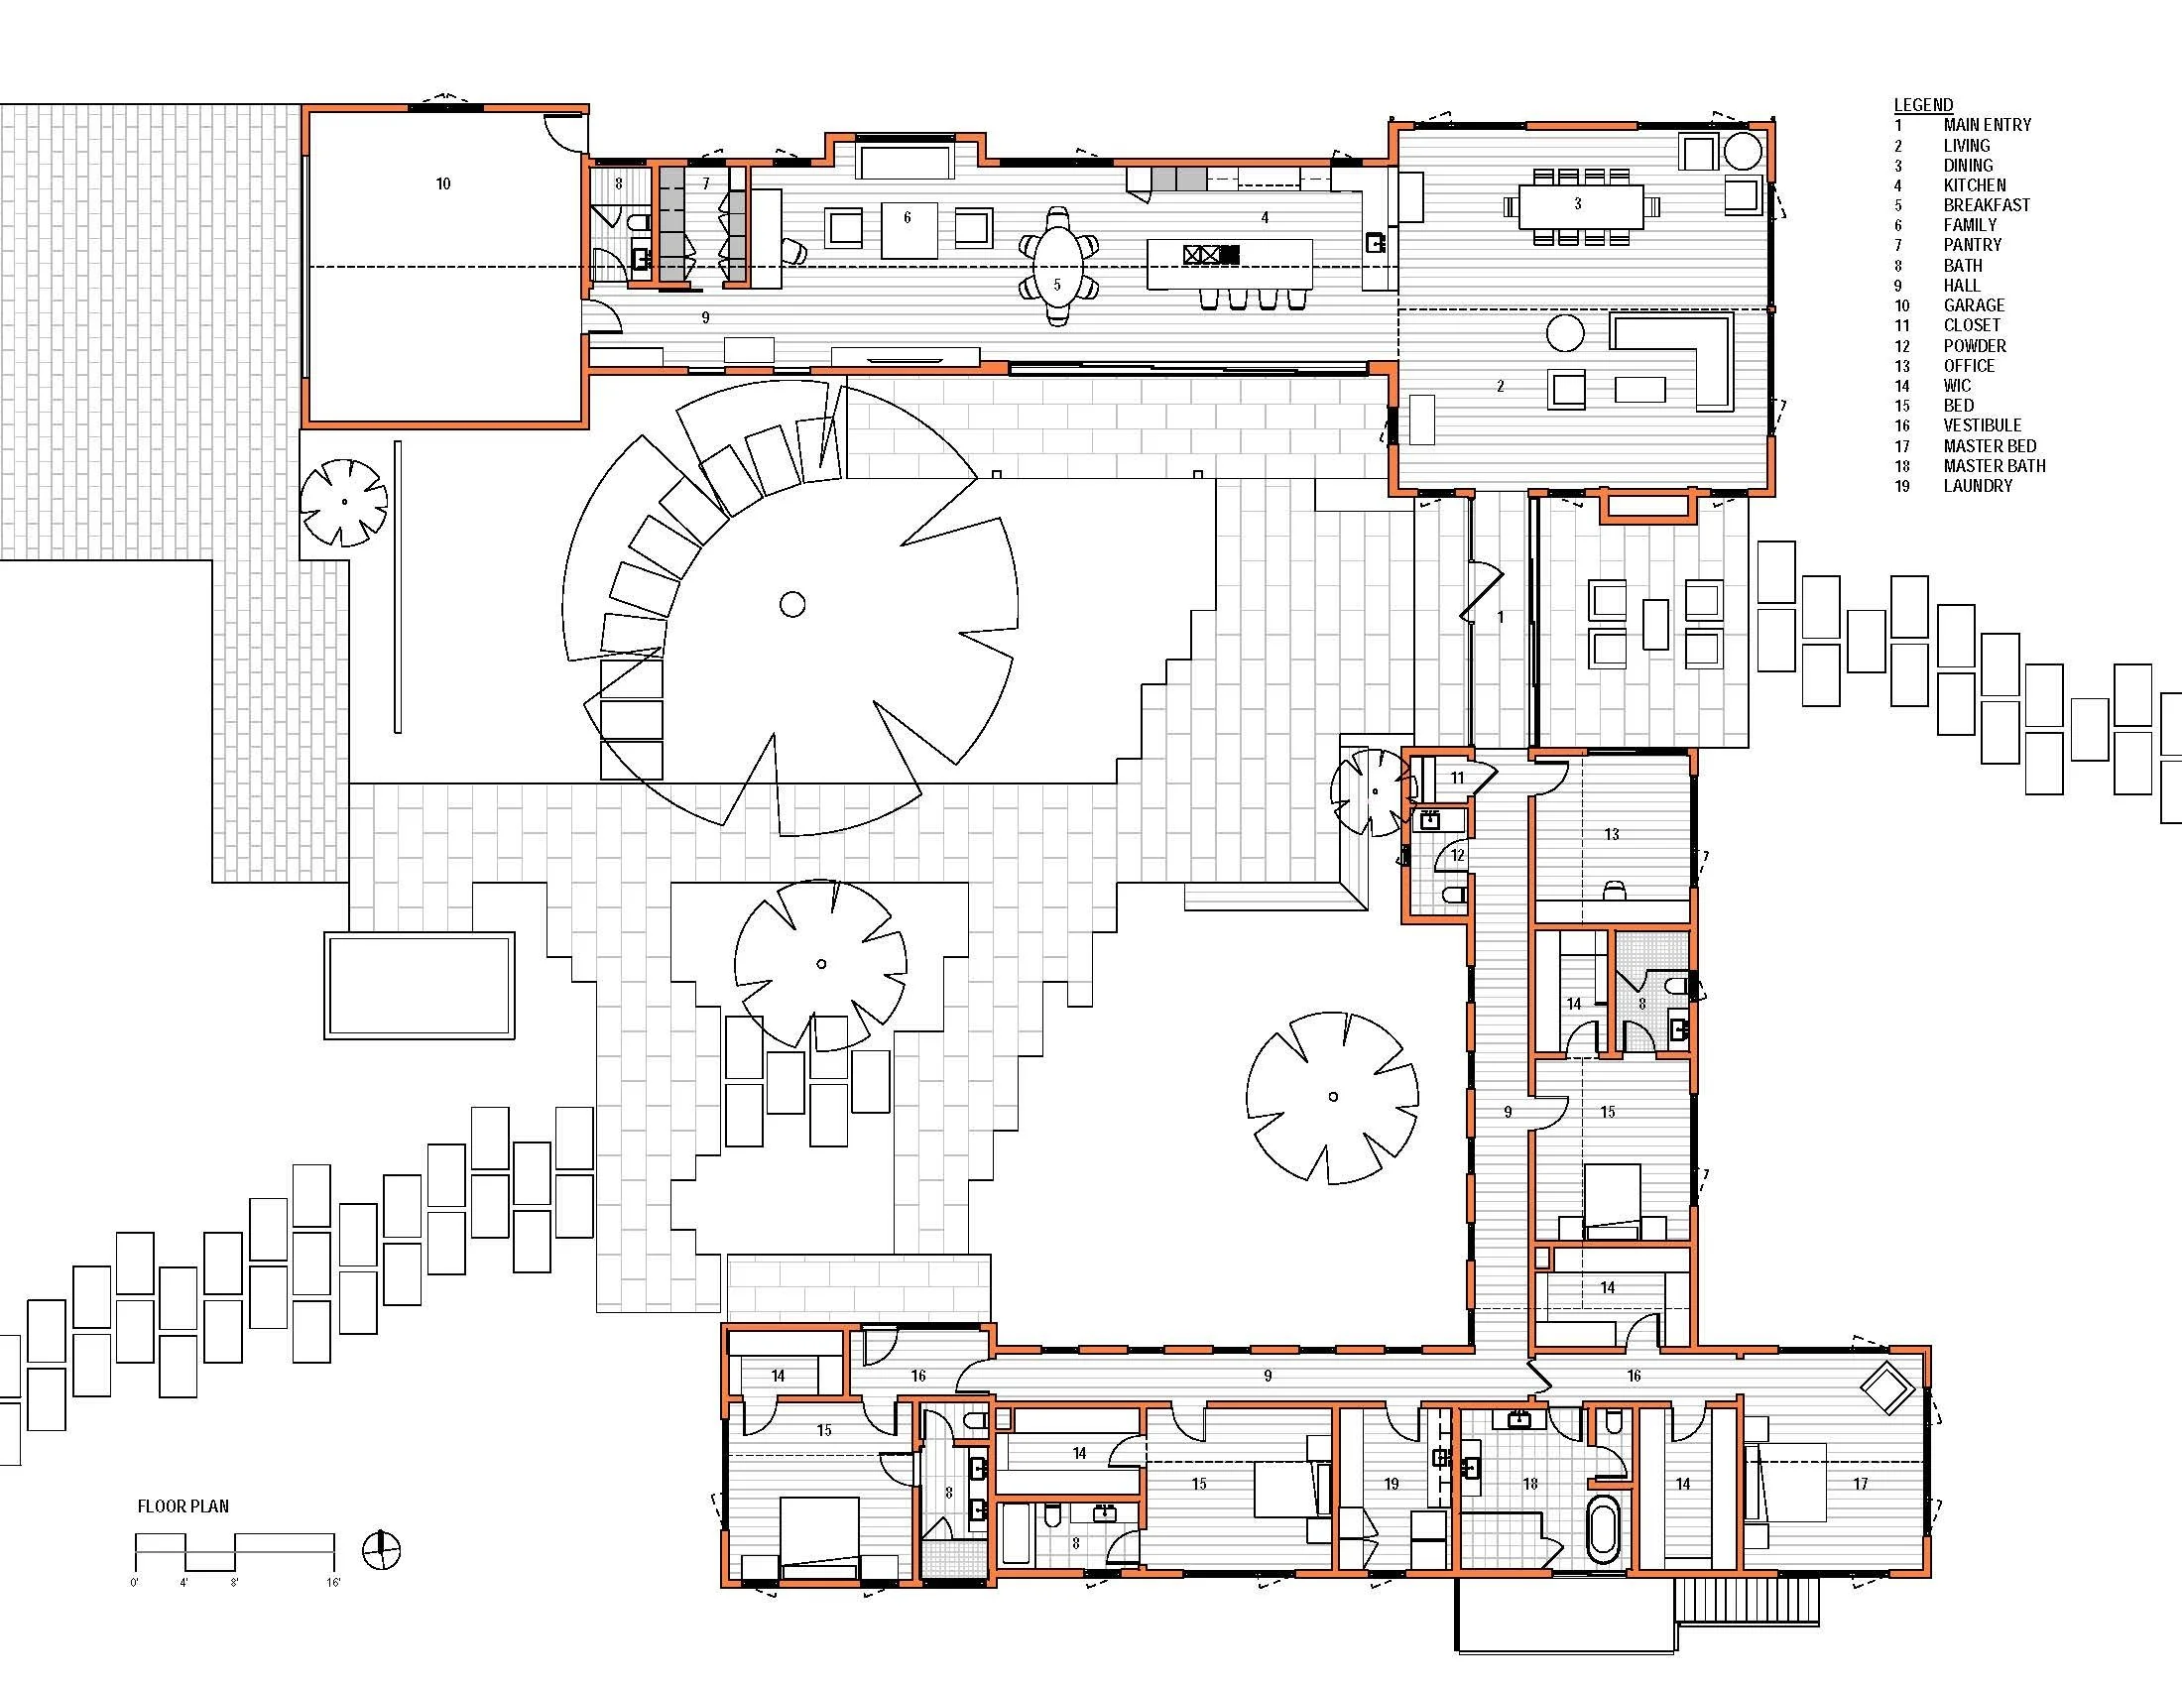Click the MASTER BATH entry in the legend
pos(1994,465)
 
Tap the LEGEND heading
pos(1922,105)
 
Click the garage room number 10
pos(442,183)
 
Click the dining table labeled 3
pos(1578,203)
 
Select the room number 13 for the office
pos(1611,834)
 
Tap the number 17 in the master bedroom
pos(1860,1485)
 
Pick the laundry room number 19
pos(1392,1485)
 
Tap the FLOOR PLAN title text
pos(182,1506)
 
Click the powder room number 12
pos(1458,855)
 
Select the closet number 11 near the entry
pos(1457,778)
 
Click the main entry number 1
pos(1500,618)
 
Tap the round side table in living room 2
pos(1564,333)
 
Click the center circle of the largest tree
pos(792,604)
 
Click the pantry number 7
pos(705,183)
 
